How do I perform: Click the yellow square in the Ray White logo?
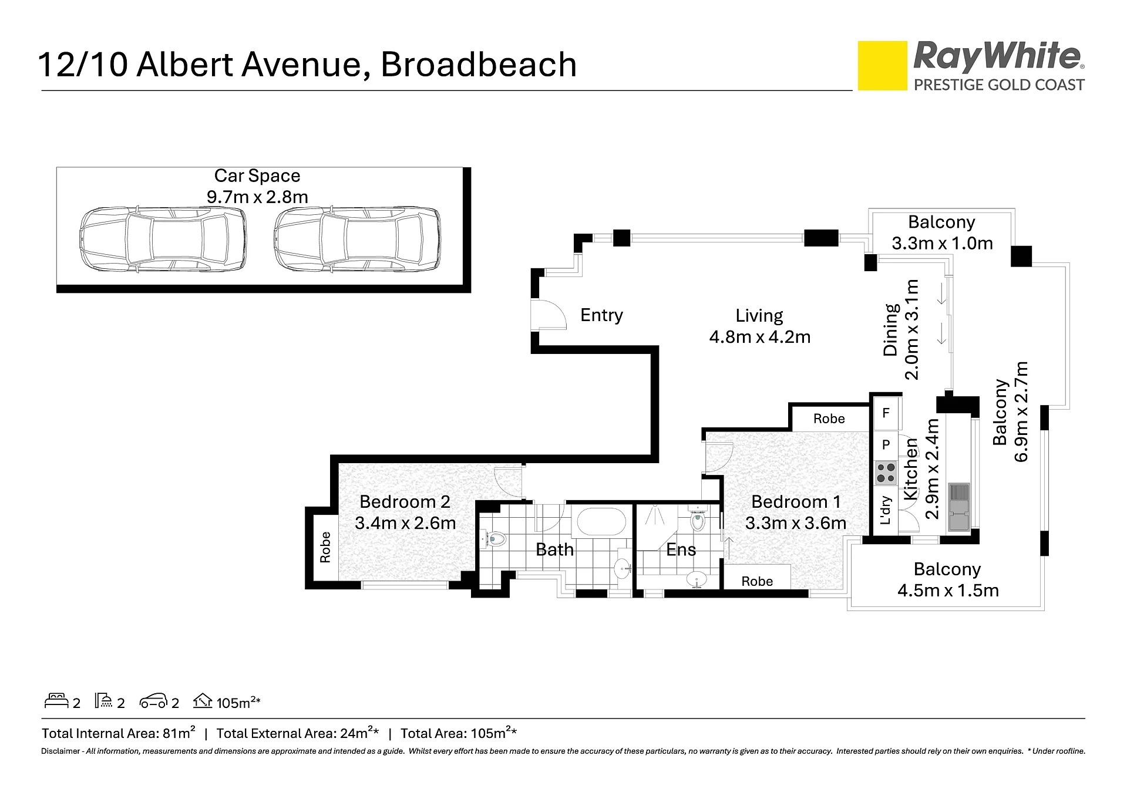pyautogui.click(x=882, y=66)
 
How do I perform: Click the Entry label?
pyautogui.click(x=601, y=315)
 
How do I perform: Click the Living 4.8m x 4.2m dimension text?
pyautogui.click(x=760, y=337)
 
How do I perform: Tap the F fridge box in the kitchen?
pyautogui.click(x=886, y=413)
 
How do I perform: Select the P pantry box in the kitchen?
pyautogui.click(x=886, y=445)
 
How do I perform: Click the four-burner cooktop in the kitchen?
pyautogui.click(x=886, y=473)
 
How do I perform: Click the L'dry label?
pyautogui.click(x=886, y=511)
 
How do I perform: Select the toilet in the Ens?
pyautogui.click(x=697, y=520)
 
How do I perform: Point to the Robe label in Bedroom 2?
pyautogui.click(x=325, y=547)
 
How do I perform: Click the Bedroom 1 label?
pyautogui.click(x=796, y=502)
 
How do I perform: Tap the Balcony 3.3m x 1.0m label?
pyautogui.click(x=942, y=232)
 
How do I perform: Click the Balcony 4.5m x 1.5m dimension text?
pyautogui.click(x=948, y=590)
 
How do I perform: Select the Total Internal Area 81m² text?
pyautogui.click(x=119, y=733)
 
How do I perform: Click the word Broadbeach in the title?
pyautogui.click(x=479, y=65)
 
